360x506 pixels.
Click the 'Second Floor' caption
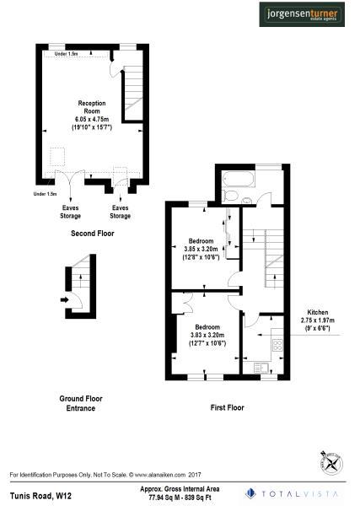coord(92,232)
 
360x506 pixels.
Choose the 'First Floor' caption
coord(227,407)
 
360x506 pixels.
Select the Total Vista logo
coord(295,493)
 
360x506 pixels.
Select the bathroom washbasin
coord(248,199)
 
